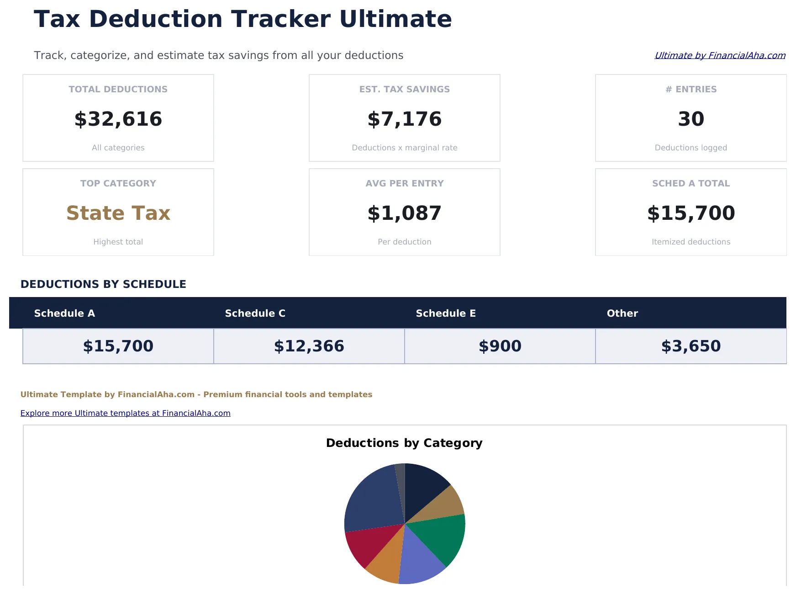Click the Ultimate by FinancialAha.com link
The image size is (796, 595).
pos(720,55)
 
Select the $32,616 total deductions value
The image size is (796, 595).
pos(118,119)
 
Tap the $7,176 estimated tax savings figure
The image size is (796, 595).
pos(404,119)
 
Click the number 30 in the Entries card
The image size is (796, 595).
pos(691,119)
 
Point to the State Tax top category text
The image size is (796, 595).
pos(118,213)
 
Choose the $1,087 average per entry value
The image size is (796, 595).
pos(404,213)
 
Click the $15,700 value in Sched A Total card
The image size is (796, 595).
pos(691,213)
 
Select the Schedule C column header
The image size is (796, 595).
pos(255,313)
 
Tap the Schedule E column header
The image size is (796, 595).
pos(446,313)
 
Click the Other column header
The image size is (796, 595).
pos(622,313)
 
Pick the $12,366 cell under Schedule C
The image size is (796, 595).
pos(309,346)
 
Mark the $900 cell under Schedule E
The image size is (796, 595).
pos(500,346)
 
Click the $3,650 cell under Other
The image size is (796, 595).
pos(691,346)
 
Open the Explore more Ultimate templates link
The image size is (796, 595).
pos(125,413)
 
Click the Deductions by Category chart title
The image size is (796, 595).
pos(404,443)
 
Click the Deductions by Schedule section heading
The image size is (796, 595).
pos(103,284)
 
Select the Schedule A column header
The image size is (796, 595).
pos(64,313)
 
